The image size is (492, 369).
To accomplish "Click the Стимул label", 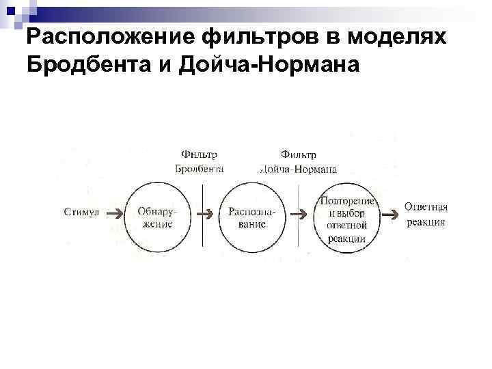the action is [81, 213].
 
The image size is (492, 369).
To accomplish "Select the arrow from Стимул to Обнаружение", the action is [115, 213].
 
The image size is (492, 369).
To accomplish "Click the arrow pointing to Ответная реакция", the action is [389, 215].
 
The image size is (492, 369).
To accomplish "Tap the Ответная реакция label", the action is [425, 213].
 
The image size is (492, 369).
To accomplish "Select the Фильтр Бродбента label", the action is [200, 161].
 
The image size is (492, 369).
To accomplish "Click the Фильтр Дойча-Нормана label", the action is [299, 161].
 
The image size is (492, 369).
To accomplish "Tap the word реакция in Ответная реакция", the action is [425, 222].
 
